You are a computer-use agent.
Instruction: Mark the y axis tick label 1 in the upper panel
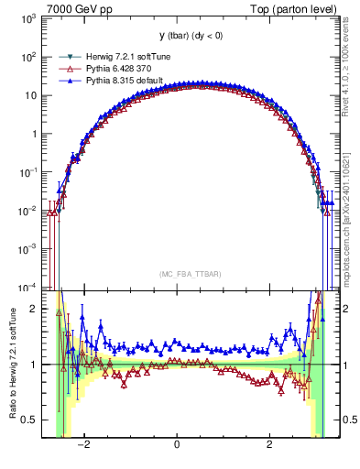coord(33,134)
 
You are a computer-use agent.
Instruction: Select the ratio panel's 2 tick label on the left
coord(33,309)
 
